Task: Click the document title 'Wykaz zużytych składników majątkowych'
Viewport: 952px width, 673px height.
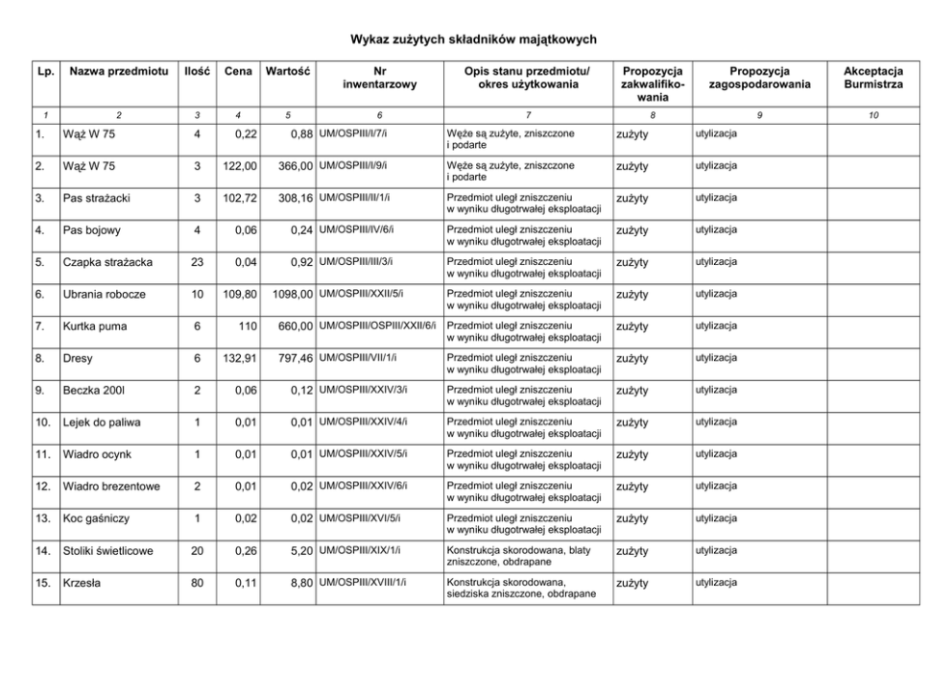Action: (473, 39)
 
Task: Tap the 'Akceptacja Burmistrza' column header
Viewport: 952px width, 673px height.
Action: (873, 78)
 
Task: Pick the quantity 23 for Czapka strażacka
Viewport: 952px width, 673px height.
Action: (197, 262)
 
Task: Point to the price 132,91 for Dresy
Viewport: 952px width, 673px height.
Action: (240, 358)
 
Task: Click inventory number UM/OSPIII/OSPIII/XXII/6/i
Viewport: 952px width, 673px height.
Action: (378, 324)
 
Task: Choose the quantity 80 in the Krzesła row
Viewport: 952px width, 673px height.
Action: (197, 583)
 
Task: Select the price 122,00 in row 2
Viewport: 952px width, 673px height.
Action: (240, 166)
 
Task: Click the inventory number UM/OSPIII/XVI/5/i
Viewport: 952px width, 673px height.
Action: (361, 517)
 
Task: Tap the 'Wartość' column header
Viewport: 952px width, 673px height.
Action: (287, 71)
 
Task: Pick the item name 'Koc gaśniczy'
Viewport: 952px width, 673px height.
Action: (96, 518)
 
